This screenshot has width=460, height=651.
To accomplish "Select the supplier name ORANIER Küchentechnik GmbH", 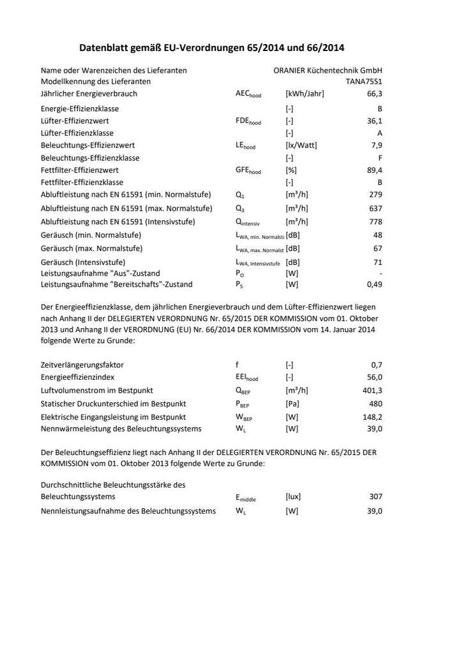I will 328,70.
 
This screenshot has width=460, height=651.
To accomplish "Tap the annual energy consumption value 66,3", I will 374,94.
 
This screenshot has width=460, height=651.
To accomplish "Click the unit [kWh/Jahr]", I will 305,94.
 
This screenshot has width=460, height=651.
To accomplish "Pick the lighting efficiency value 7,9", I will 376,146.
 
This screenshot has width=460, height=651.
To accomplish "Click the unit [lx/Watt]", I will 301,146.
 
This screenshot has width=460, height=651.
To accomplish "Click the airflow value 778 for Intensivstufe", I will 376,222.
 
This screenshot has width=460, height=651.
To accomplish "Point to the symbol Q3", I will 240,209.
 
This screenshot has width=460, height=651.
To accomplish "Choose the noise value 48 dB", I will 378,235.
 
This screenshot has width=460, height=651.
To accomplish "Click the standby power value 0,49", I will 374,285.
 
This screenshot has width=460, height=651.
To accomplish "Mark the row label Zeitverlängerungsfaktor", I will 82,365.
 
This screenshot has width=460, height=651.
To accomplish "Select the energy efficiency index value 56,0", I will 373,378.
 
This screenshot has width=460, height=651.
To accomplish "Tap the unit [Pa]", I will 292,403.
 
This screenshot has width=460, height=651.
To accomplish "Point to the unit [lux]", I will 293,497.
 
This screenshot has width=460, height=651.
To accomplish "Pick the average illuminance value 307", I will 376,497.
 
